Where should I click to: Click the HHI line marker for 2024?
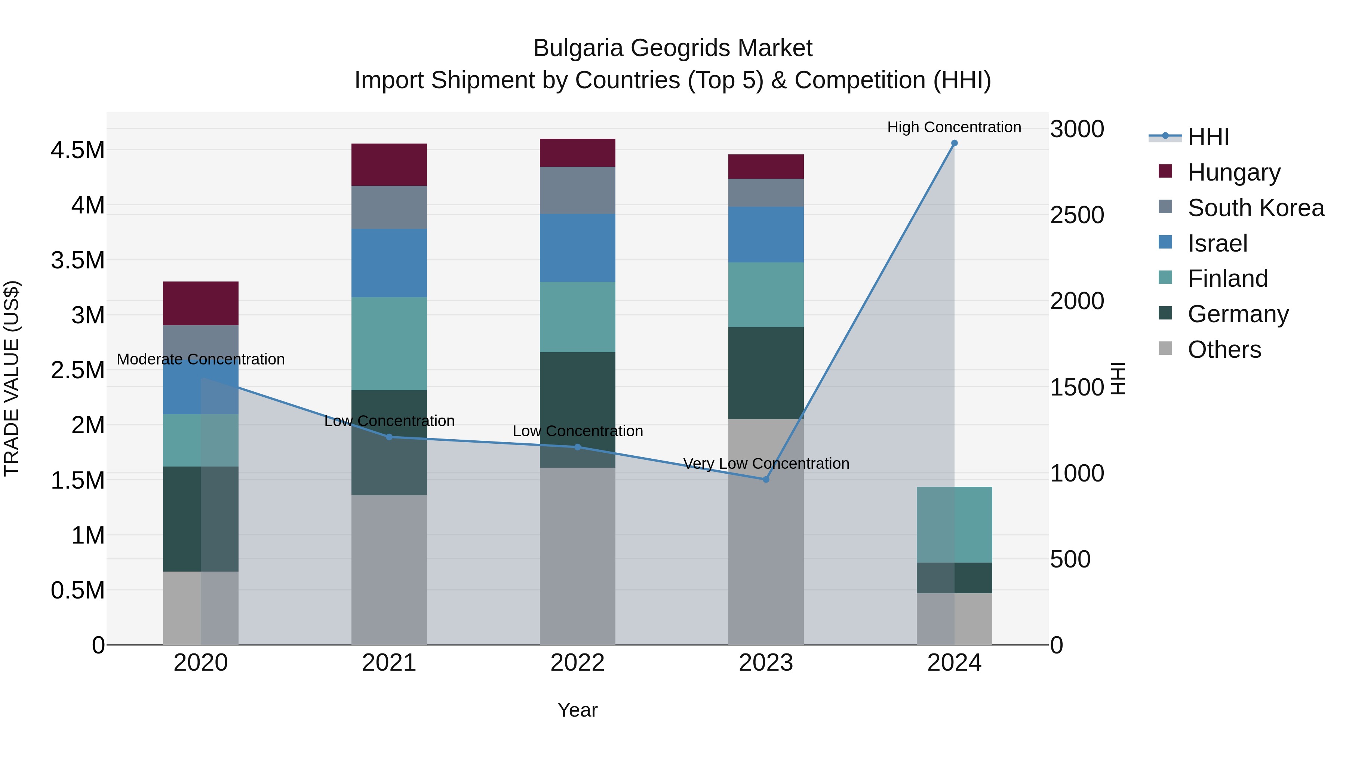click(x=954, y=143)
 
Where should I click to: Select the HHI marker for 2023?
click(x=766, y=479)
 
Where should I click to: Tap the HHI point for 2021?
click(x=389, y=437)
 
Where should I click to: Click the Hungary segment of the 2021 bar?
click(x=389, y=164)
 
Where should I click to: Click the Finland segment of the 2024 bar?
click(x=954, y=524)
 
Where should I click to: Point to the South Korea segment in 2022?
click(x=577, y=190)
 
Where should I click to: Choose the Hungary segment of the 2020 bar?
click(x=201, y=303)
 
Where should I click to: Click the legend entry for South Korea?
click(x=1256, y=207)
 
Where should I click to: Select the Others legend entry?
click(x=1224, y=349)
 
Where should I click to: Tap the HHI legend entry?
click(x=1208, y=137)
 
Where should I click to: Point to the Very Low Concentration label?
click(x=766, y=464)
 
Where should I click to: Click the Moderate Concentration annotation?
click(x=201, y=359)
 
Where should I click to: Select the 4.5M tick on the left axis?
click(x=77, y=150)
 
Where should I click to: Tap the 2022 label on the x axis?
click(x=577, y=663)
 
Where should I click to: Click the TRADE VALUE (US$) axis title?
click(x=12, y=378)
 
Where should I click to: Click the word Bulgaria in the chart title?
click(x=577, y=48)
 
